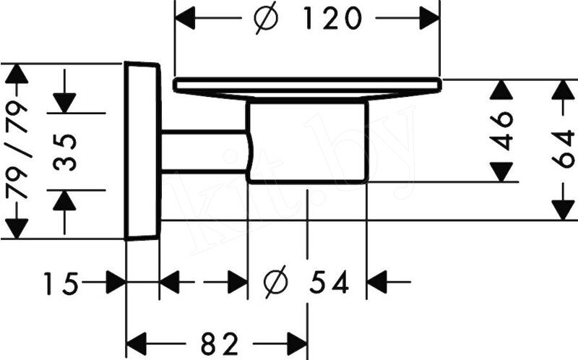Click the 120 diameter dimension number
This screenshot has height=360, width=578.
coord(332,19)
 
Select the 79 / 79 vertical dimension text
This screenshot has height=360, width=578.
coord(17,150)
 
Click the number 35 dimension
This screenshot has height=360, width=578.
coord(65,153)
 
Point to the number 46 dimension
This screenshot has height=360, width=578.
coord(501,131)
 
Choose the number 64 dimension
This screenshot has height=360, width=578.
coord(564,149)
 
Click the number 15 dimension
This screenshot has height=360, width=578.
coord(61,283)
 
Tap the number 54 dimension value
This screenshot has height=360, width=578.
coord(329,282)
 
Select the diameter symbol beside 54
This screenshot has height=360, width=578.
coord(276,281)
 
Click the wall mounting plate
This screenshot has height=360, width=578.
coord(142,151)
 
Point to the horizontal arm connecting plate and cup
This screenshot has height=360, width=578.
coord(204,151)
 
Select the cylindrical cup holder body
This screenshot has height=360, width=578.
coord(308,142)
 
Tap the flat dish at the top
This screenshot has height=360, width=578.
coord(307,88)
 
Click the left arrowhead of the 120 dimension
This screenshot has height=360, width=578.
coord(184,18)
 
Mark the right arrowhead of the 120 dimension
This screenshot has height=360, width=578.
coord(429,18)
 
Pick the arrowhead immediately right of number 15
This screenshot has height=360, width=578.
coord(116,283)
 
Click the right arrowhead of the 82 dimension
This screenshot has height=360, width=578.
coord(297,344)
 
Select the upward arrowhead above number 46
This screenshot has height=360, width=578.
coord(501,90)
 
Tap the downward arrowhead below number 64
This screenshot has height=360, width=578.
coord(564,210)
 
